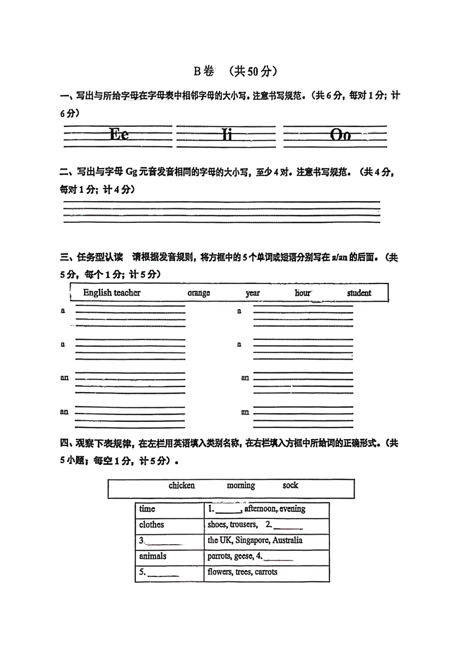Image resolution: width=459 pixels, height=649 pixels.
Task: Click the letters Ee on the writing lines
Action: click(x=119, y=134)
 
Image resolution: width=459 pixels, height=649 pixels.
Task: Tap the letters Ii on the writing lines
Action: click(x=227, y=135)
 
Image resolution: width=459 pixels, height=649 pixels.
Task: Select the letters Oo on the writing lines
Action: click(x=340, y=135)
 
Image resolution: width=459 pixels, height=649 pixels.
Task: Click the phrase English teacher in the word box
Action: click(x=112, y=293)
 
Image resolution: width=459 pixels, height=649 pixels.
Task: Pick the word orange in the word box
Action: click(x=198, y=293)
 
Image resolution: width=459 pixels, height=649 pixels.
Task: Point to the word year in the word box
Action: click(x=252, y=293)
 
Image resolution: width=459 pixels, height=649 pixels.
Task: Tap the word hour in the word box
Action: click(x=303, y=293)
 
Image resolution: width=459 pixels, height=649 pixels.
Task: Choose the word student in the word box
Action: click(x=359, y=293)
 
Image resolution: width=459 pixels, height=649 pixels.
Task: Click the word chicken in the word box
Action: click(x=181, y=486)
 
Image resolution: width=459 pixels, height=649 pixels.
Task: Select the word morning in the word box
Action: click(x=241, y=486)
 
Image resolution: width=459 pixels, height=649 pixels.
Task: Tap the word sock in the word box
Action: click(x=290, y=486)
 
